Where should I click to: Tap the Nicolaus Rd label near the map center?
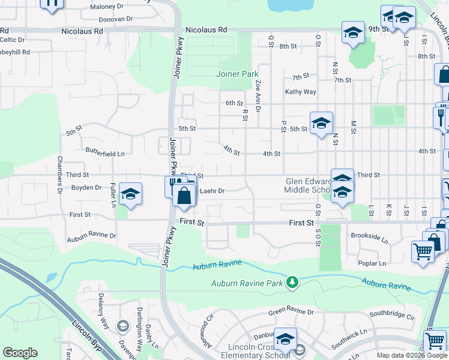(206, 29)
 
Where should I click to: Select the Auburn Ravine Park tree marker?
(292, 282)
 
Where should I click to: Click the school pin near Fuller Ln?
(130, 194)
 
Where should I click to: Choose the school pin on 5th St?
(321, 124)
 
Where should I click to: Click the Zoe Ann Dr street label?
(258, 96)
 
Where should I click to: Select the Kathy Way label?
(300, 92)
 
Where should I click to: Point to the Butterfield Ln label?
(104, 154)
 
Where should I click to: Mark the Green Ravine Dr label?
(291, 312)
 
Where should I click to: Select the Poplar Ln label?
(373, 263)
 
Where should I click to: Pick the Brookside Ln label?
(370, 236)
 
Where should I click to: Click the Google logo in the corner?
(20, 353)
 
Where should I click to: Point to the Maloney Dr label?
(106, 7)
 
